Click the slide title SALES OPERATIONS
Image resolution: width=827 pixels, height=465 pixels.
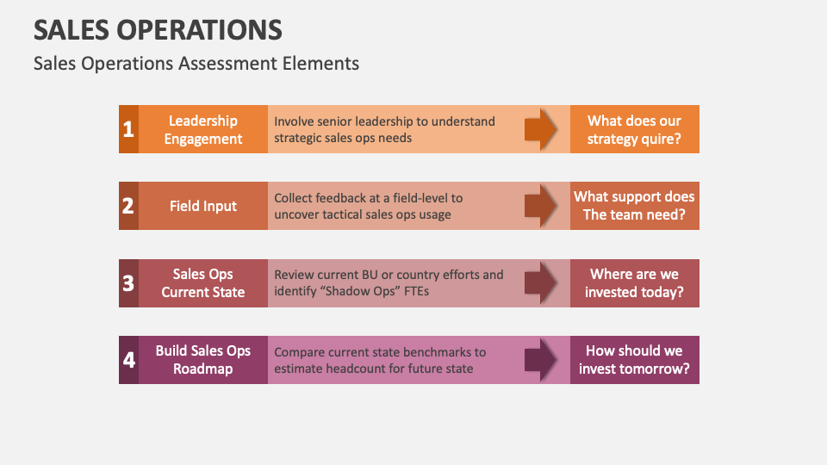coord(158,29)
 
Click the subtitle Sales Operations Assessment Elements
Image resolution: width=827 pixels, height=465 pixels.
coord(196,63)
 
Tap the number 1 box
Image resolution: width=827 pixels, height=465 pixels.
coord(128,129)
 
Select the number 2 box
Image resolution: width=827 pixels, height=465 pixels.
coord(128,206)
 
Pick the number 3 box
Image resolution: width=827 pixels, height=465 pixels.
coord(128,282)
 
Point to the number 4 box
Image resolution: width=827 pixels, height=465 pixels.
coord(128,359)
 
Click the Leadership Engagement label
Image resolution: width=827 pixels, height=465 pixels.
coord(203,129)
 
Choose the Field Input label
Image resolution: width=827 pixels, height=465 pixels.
coord(203,206)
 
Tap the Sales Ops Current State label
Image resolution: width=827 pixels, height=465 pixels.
coord(203,282)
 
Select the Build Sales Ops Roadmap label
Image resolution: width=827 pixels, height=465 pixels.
coord(203,359)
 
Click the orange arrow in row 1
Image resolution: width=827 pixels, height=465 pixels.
coord(541,129)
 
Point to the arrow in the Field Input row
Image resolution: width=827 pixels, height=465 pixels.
coord(541,206)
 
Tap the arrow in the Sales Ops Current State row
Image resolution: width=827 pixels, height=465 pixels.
coord(541,282)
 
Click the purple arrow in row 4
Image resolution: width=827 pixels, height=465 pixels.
coord(541,359)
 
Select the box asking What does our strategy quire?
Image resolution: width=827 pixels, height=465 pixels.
coord(634,129)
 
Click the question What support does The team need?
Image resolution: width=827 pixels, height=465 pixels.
coord(634,206)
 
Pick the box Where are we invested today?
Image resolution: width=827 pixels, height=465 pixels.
coord(634,282)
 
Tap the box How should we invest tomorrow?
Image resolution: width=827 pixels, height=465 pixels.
coord(634,359)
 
